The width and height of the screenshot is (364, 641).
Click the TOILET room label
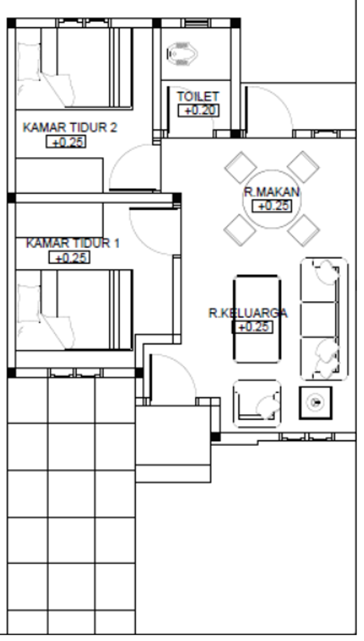coord(198,97)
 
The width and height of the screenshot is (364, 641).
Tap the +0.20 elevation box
coord(199,111)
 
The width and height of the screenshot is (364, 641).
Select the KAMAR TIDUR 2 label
coord(70,128)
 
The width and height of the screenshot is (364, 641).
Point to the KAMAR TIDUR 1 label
coord(73,243)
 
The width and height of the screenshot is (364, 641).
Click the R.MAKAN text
coord(271,192)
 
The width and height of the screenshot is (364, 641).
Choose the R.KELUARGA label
coord(248,313)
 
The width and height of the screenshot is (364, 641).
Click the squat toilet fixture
coord(183,54)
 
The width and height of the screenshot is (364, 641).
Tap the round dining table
coord(272,199)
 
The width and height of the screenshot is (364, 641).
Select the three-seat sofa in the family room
coord(324,319)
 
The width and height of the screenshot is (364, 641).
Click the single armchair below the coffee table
coord(257,404)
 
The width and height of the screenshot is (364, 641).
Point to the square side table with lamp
coord(316,403)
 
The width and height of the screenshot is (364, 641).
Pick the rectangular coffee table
coord(257,319)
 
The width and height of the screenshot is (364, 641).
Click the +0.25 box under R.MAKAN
coord(272,206)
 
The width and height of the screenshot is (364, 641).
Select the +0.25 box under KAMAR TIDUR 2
coord(66,142)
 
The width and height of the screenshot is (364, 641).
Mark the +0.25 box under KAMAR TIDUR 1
coord(69,258)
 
